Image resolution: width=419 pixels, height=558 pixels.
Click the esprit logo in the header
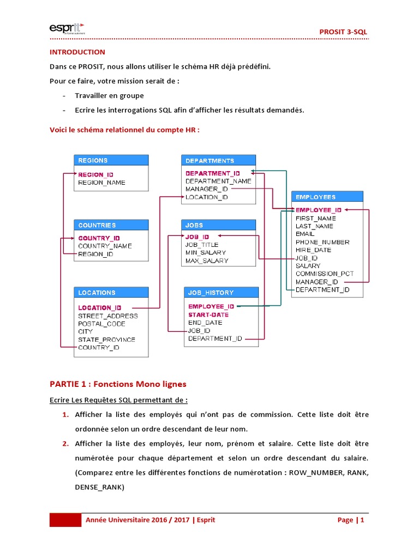pos(66,28)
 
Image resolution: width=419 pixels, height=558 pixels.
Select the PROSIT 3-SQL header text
pos(343,32)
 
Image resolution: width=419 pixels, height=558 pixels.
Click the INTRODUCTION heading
pos(77,52)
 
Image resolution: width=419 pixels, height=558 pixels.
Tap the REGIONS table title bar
pos(111,160)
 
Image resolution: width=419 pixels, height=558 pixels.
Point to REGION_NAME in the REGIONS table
pos(101,183)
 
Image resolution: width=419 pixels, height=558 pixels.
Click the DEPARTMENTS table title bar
pos(218,160)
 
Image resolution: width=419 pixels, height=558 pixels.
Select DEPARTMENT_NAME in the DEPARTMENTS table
pos(218,181)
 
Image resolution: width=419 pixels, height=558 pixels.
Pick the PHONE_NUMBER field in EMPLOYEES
pos(322,242)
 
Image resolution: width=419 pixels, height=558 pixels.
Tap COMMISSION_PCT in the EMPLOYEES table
pos(325,274)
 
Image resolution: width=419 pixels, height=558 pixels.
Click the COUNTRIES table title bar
pos(111,225)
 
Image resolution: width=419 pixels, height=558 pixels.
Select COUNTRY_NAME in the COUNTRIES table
pos(105,246)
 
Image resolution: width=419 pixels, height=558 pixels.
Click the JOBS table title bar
pos(218,225)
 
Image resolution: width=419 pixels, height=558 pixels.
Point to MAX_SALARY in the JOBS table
pos(207,261)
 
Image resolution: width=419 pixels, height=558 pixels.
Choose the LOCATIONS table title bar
pos(111,293)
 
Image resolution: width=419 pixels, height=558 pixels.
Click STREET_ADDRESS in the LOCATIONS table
pos(107,316)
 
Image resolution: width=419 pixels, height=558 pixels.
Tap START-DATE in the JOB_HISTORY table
pos(208,314)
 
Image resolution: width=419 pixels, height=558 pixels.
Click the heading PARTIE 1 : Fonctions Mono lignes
pos(118,384)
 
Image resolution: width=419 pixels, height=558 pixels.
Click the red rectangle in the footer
pos(65,520)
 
